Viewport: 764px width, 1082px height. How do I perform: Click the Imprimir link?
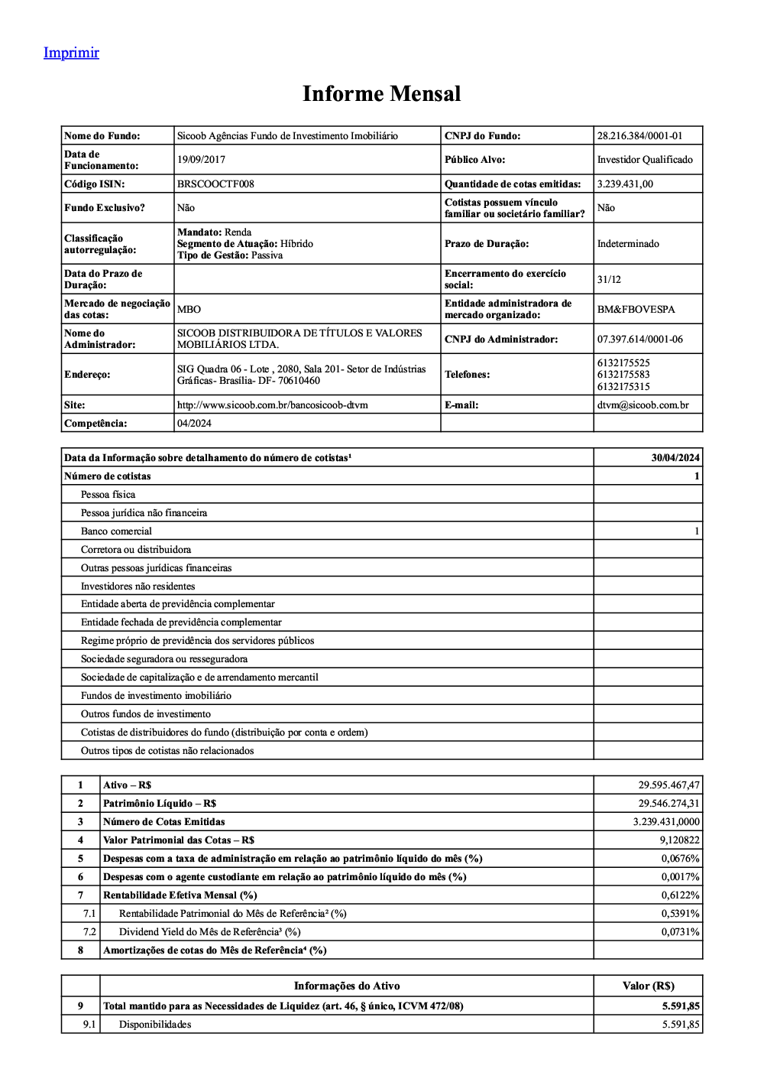click(71, 53)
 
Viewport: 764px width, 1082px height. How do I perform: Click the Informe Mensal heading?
click(381, 94)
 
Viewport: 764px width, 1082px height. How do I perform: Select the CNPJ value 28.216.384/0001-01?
click(639, 136)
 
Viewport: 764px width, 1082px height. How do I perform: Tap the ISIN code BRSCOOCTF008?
click(215, 184)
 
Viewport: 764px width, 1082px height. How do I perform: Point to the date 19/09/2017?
click(201, 160)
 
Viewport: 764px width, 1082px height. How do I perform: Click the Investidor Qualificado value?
click(645, 160)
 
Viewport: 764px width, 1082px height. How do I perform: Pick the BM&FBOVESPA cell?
click(636, 310)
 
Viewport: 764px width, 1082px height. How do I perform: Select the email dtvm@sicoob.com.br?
click(643, 405)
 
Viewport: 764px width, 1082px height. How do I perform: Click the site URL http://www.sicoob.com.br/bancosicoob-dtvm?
click(272, 405)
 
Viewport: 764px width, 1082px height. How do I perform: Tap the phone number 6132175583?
click(623, 375)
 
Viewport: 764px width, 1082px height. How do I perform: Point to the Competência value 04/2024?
click(194, 424)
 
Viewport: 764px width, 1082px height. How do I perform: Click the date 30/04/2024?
click(675, 458)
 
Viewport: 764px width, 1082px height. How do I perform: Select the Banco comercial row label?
click(116, 531)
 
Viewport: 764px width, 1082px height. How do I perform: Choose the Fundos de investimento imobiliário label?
click(156, 696)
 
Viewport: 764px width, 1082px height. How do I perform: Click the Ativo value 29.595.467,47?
click(668, 785)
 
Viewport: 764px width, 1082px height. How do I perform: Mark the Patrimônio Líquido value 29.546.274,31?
click(668, 804)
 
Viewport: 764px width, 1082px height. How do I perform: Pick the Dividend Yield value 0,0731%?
click(680, 932)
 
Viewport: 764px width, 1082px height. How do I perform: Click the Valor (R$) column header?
click(648, 986)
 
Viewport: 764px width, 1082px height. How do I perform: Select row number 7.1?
click(89, 914)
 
